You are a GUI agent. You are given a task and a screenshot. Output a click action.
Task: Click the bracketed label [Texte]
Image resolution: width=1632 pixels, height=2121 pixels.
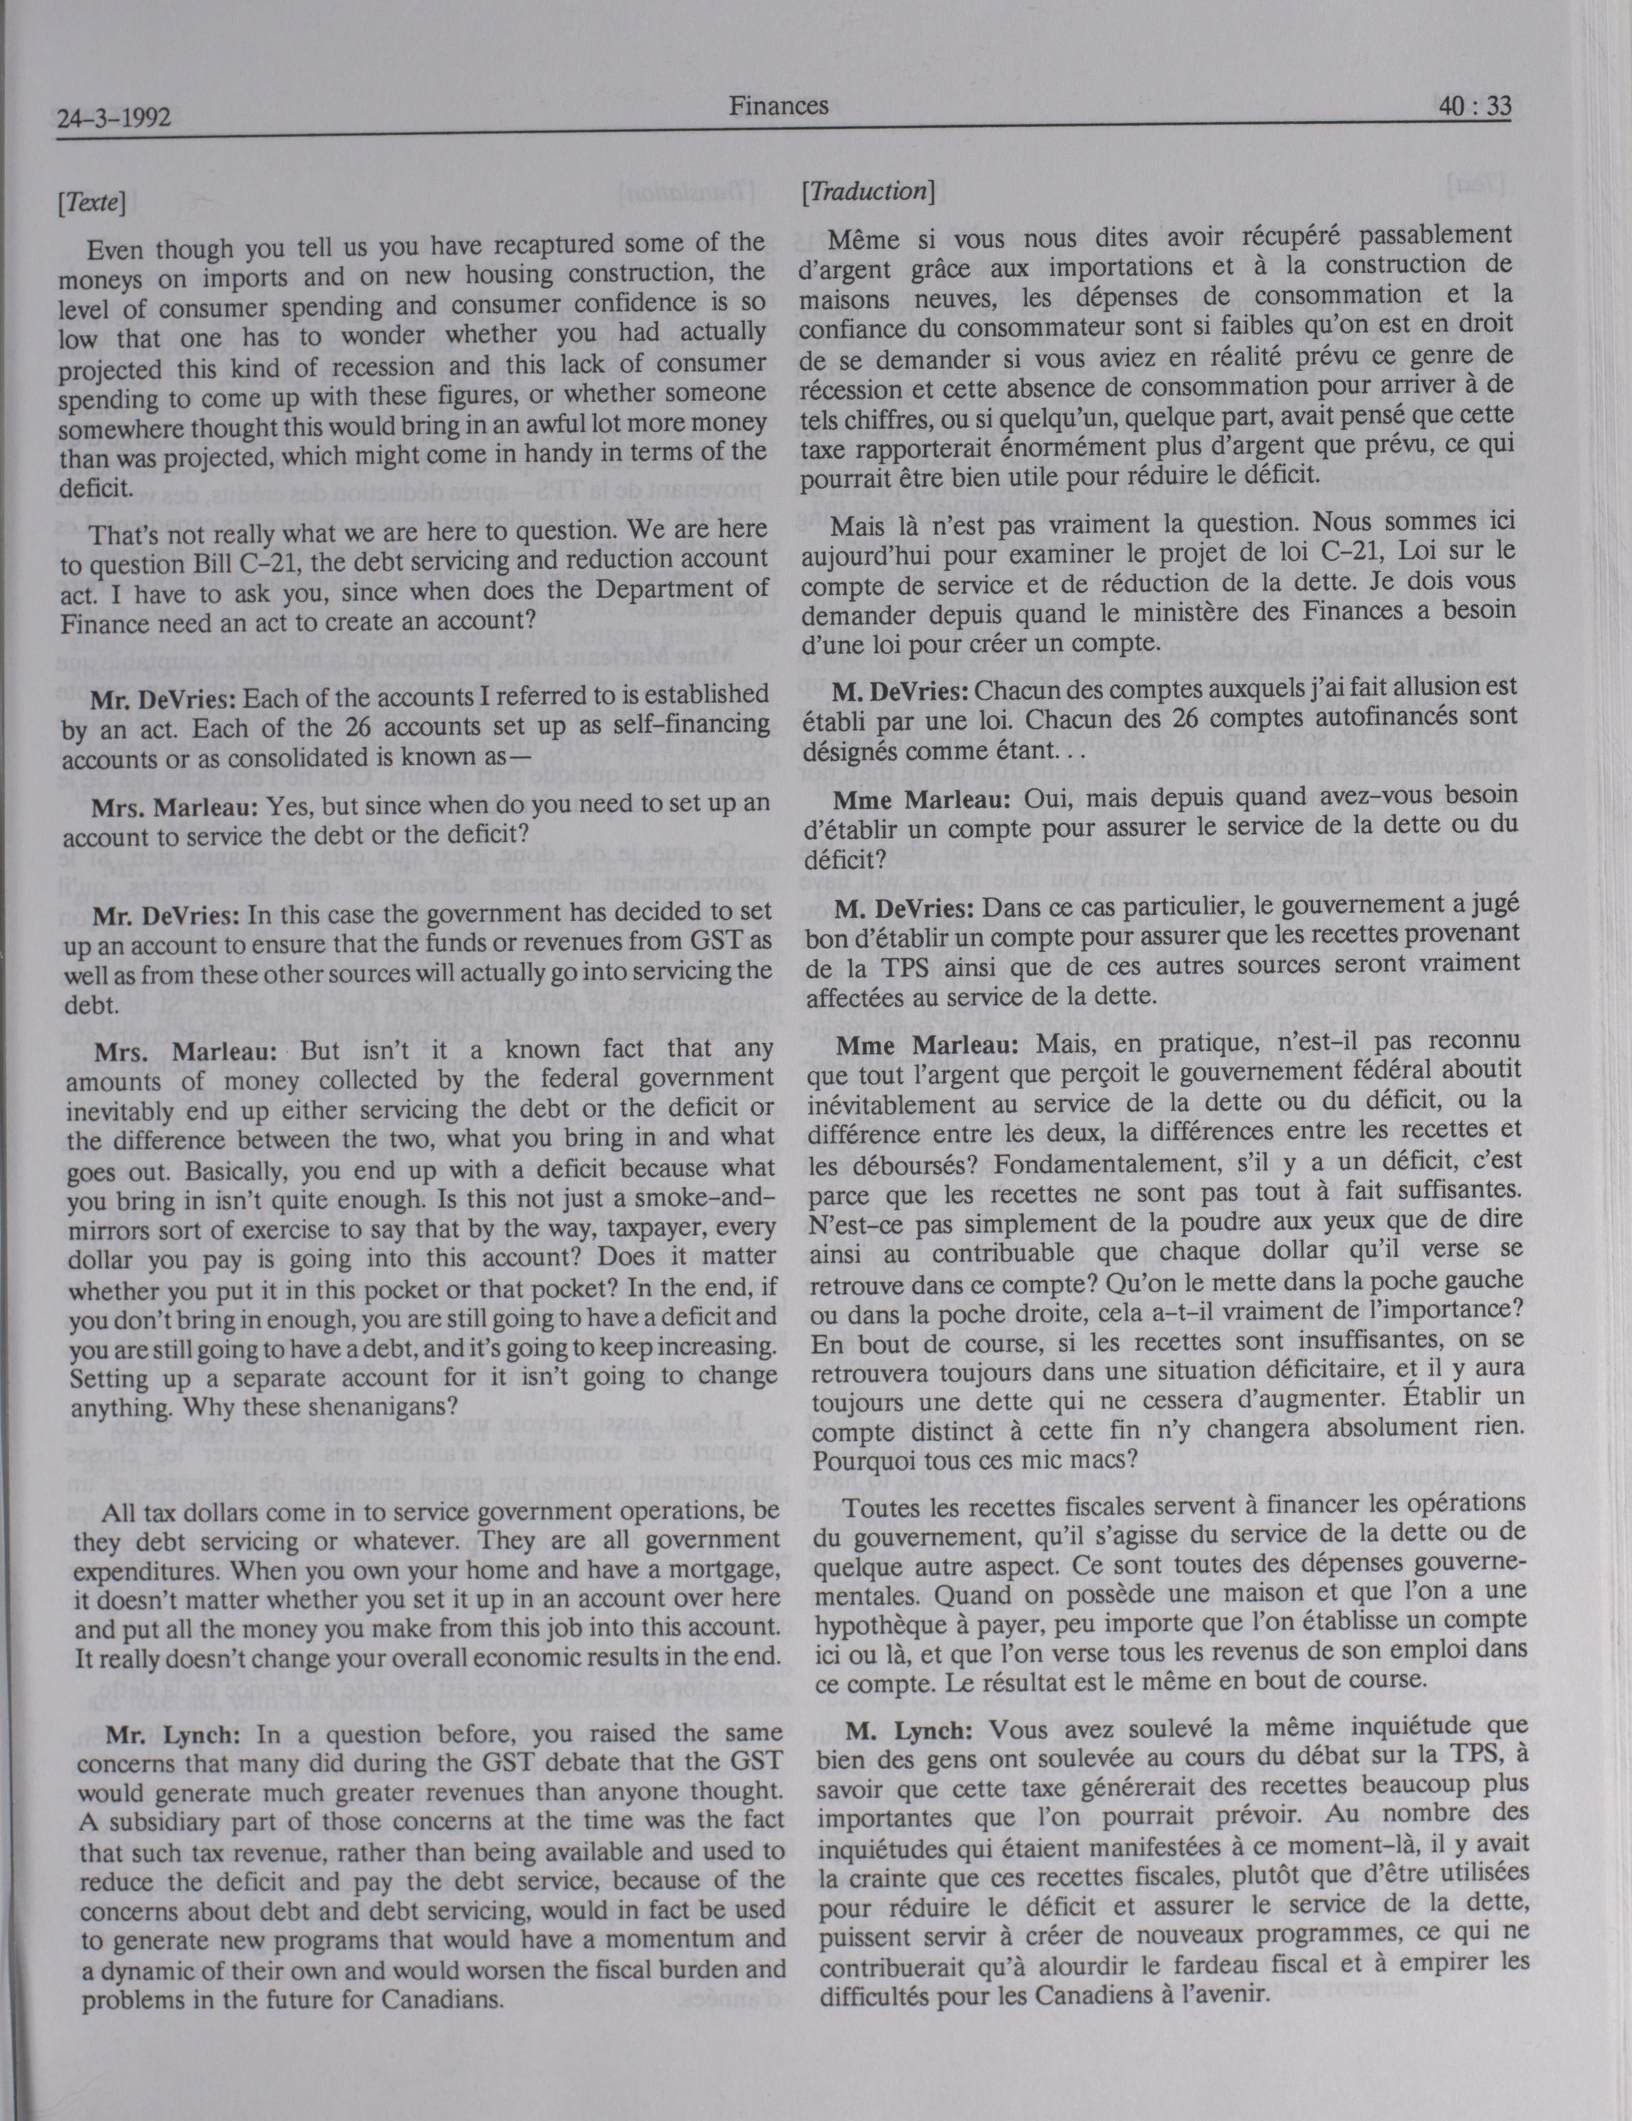[92, 203]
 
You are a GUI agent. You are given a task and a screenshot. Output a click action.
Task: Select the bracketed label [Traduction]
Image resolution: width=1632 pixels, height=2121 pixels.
[868, 191]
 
